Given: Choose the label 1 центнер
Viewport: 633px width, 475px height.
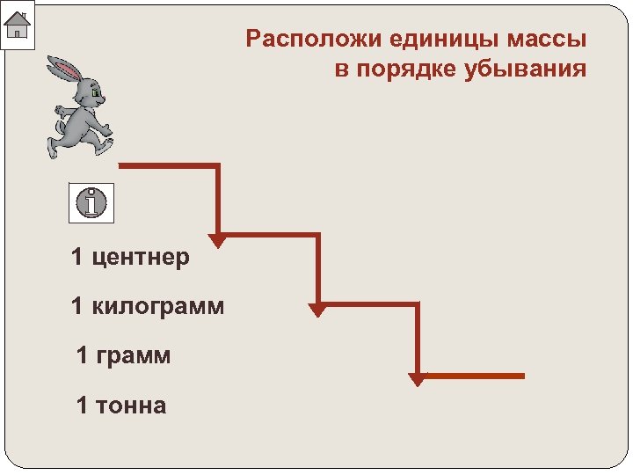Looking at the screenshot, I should click(130, 258).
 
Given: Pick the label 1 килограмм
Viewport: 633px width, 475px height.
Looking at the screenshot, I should click(148, 307).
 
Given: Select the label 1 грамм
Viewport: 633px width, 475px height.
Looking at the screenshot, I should click(123, 356).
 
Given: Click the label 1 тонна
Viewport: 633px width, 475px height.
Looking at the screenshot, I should click(120, 406).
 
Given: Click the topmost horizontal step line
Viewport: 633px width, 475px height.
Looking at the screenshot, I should click(167, 164).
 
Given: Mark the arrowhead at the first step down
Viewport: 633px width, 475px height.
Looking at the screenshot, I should click(217, 240).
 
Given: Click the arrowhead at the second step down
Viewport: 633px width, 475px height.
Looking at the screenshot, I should click(317, 310).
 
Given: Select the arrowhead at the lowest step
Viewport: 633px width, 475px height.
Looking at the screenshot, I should click(418, 379).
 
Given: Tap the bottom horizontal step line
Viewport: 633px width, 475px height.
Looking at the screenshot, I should click(475, 376).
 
